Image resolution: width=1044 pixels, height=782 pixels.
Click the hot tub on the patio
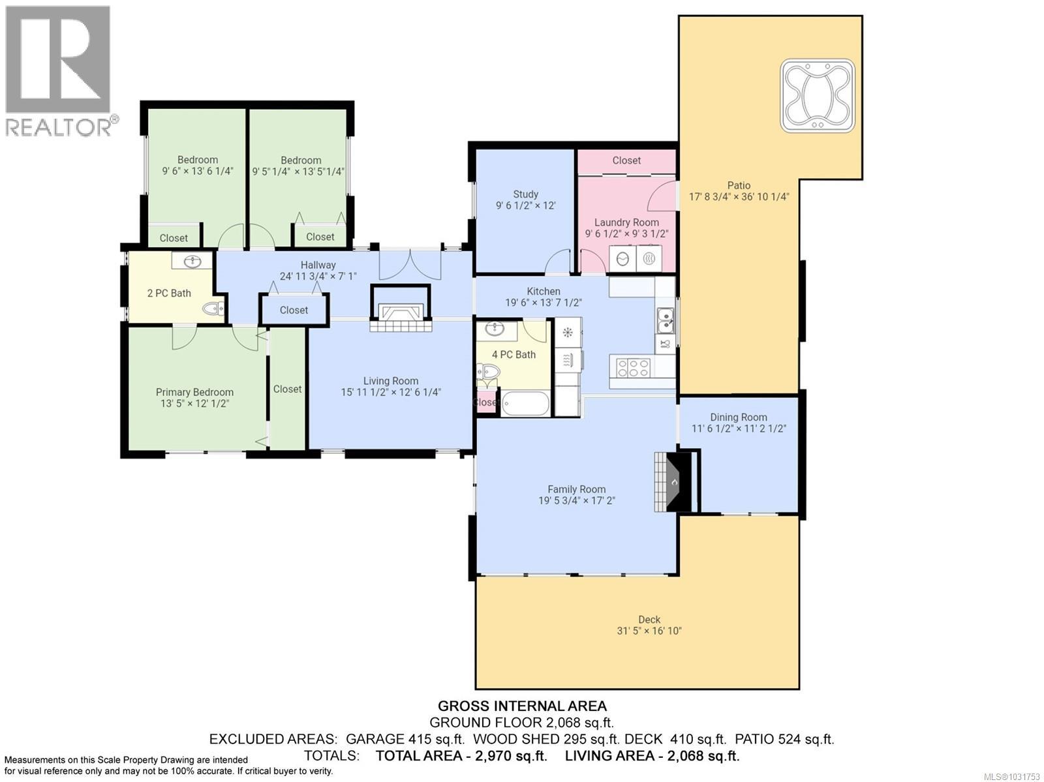[x=818, y=96]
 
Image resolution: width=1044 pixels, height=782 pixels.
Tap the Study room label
[x=525, y=194]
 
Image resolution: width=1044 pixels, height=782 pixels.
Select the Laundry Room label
[x=626, y=222]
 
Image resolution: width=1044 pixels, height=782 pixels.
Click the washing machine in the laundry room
[x=622, y=259]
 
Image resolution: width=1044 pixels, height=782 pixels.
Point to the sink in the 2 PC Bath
[x=192, y=262]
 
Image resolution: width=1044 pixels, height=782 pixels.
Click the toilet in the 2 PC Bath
[x=212, y=308]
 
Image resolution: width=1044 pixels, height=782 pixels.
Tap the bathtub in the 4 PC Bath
[x=526, y=403]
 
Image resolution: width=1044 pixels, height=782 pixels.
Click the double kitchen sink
[x=666, y=320]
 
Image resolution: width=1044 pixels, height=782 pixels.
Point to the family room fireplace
[x=672, y=483]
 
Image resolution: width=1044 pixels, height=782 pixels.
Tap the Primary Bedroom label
[x=194, y=392]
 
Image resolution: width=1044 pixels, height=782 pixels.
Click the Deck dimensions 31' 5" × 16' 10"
[x=649, y=631]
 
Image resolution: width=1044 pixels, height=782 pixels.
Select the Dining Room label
[x=738, y=417]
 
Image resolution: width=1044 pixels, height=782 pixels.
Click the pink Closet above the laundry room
[x=626, y=160]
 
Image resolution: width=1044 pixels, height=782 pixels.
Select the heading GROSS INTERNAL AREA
[x=522, y=706]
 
